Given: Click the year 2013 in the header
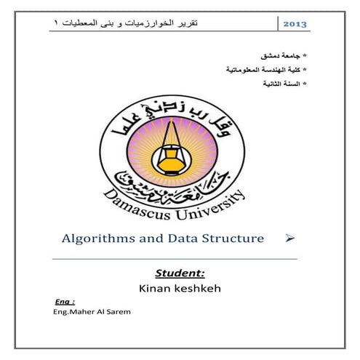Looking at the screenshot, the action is click(x=294, y=24).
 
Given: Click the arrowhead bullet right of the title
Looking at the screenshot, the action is click(x=289, y=239).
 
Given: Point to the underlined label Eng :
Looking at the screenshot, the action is click(x=65, y=301).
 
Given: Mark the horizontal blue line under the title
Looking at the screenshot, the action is click(x=175, y=257).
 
